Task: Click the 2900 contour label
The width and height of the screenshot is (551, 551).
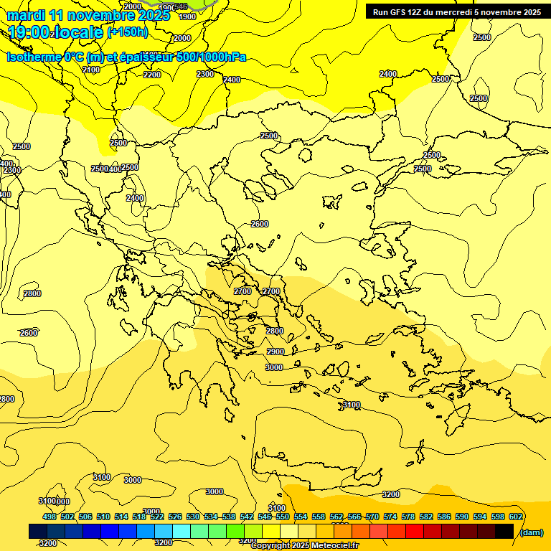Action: coord(275,352)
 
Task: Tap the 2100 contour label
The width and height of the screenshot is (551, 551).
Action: coord(91,70)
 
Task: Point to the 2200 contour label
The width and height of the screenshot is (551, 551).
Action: coord(152,75)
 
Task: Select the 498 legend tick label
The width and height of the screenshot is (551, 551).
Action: coord(50,517)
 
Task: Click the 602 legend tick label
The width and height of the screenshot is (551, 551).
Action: coord(516,517)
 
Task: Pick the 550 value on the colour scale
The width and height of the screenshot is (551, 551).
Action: coord(283,517)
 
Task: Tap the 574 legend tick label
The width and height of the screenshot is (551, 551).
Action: coord(390,517)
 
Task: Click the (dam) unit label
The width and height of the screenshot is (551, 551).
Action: coord(531,532)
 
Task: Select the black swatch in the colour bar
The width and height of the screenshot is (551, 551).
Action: coord(504,531)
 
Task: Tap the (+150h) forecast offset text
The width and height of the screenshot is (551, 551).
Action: coord(128,32)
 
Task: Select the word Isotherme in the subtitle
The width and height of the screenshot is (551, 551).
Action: coord(34,57)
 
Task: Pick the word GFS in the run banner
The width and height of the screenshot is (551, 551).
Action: coord(400,12)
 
